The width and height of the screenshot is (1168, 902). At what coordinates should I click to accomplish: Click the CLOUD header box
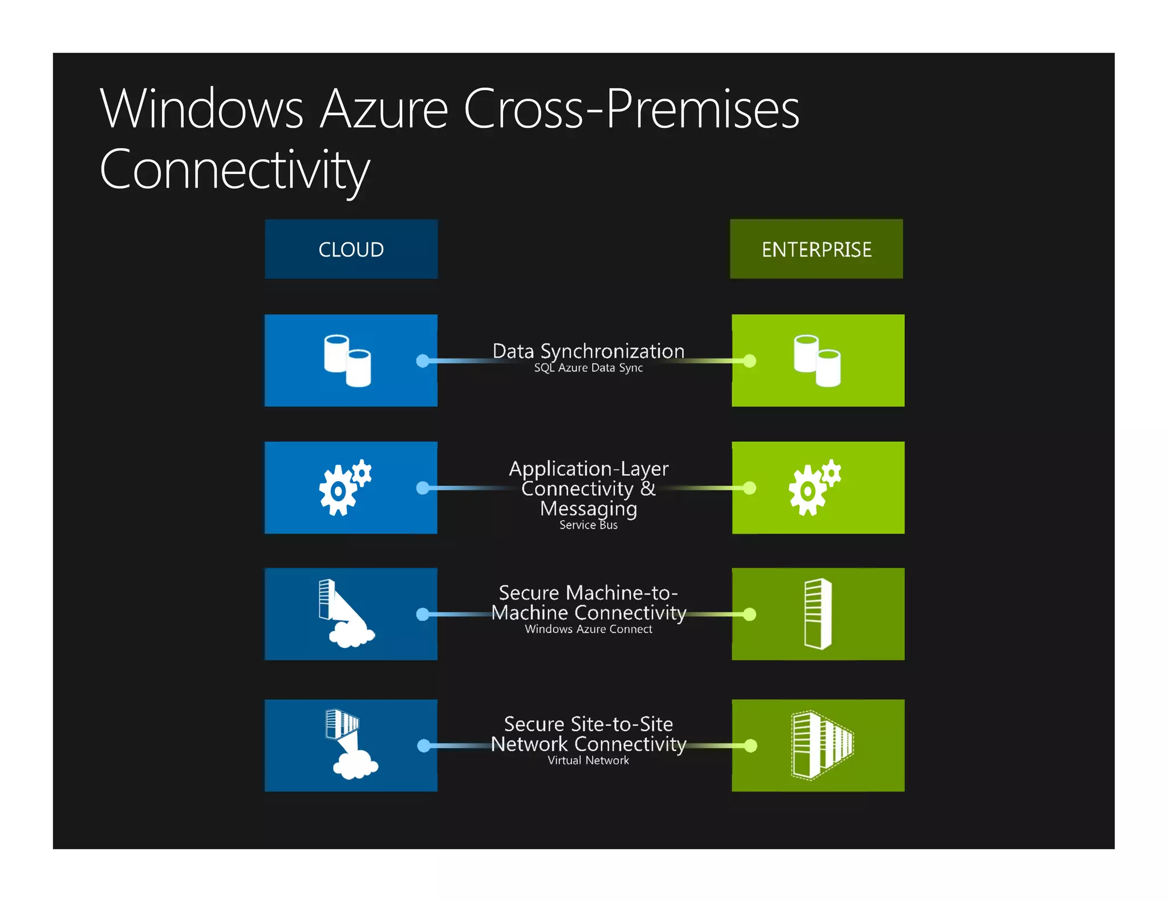(351, 249)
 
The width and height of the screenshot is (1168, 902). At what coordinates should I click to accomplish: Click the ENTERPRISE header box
(816, 249)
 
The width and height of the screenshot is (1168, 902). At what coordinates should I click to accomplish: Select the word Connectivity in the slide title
(234, 170)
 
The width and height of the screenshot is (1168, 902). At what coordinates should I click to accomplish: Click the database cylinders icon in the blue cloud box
(347, 360)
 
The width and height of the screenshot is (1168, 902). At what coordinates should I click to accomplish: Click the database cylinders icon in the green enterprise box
(817, 360)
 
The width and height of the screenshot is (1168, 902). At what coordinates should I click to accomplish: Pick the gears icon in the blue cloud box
(344, 487)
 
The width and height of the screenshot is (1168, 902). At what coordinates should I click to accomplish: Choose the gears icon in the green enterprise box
(814, 487)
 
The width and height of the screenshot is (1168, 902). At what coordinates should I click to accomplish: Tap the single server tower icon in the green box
(818, 614)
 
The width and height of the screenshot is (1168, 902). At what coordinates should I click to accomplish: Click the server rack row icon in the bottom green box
(822, 745)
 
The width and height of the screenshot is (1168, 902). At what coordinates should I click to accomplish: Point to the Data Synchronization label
(588, 351)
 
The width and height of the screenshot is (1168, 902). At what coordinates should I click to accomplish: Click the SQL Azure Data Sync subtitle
(588, 368)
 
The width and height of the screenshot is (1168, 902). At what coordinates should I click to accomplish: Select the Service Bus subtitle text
(588, 525)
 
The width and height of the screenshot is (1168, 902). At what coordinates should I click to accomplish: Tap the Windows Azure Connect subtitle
(588, 629)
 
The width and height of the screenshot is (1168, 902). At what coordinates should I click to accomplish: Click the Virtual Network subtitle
(588, 760)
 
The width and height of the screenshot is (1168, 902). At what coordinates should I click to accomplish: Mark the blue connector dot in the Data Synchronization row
(423, 361)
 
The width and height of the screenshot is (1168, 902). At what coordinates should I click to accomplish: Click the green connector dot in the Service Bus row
(750, 488)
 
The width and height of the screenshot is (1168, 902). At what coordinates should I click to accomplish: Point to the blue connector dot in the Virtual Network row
(423, 746)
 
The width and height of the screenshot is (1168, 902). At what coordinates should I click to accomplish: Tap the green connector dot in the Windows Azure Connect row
(750, 614)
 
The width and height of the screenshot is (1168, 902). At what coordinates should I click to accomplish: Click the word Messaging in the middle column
(588, 507)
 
